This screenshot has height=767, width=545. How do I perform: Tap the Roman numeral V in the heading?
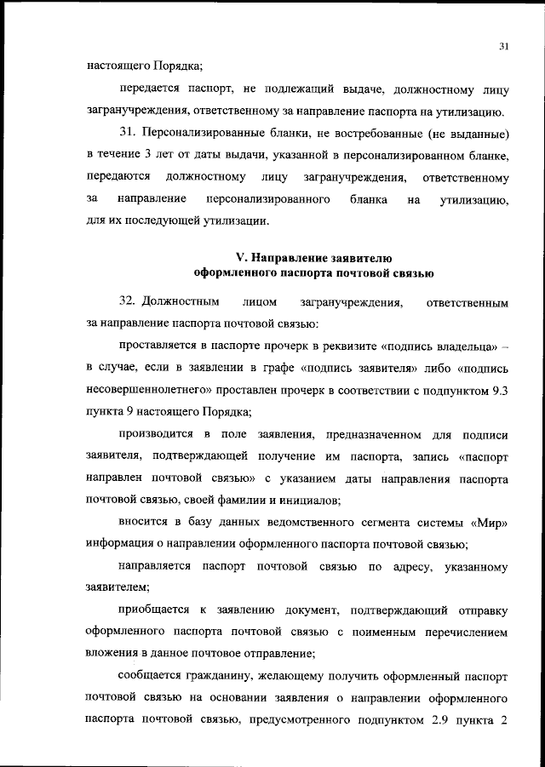click(239, 256)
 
